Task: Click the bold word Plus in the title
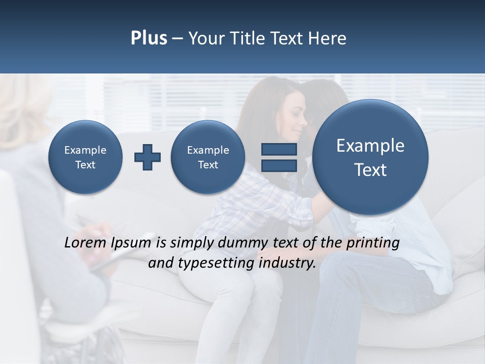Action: [149, 38]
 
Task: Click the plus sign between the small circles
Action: [148, 157]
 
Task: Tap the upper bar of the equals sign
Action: [279, 149]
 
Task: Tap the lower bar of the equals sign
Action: [279, 165]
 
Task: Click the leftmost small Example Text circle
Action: [85, 157]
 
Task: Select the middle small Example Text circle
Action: [208, 157]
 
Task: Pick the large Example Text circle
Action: [370, 157]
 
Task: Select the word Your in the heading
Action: [206, 38]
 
